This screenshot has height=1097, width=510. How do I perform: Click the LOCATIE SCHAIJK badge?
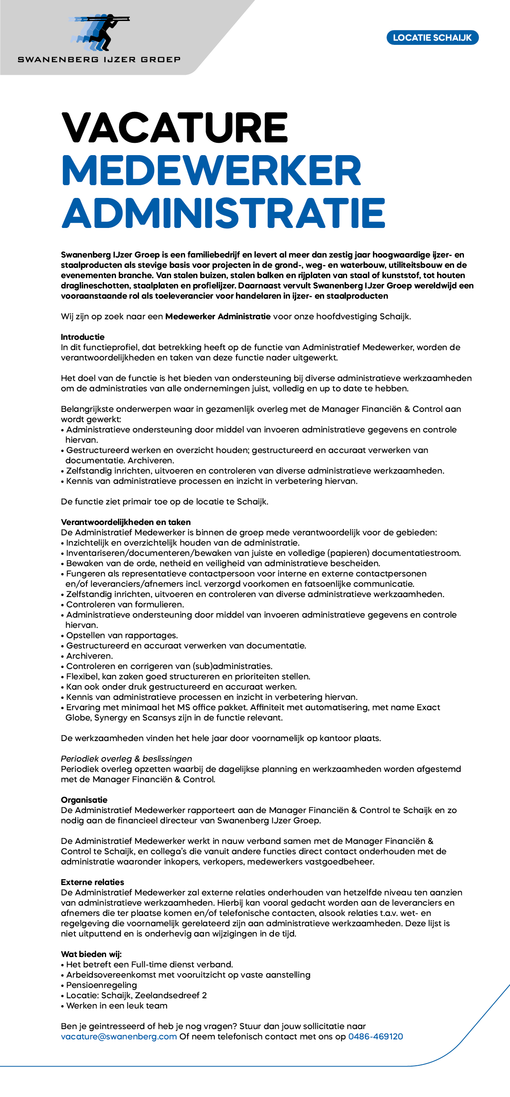pyautogui.click(x=432, y=37)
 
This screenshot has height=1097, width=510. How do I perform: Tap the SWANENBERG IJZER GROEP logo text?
pyautogui.click(x=99, y=60)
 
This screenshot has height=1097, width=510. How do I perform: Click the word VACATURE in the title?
pyautogui.click(x=174, y=127)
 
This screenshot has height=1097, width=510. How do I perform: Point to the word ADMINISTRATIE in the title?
pyautogui.click(x=223, y=213)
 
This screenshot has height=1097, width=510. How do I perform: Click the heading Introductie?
pyautogui.click(x=83, y=337)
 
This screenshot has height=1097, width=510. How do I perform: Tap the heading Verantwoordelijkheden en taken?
pyautogui.click(x=125, y=522)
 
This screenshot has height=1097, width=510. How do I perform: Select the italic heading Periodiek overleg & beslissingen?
pyautogui.click(x=126, y=758)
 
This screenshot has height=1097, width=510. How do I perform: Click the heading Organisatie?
pyautogui.click(x=84, y=800)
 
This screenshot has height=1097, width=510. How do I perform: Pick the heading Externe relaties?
pyautogui.click(x=93, y=882)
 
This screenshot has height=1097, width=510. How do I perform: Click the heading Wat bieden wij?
pyautogui.click(x=91, y=954)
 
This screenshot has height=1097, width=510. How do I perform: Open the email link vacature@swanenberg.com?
pyautogui.click(x=119, y=1037)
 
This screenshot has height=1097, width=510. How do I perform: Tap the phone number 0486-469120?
pyautogui.click(x=376, y=1037)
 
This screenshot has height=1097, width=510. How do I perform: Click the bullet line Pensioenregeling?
pyautogui.click(x=101, y=985)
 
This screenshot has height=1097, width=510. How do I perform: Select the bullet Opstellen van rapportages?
pyautogui.click(x=122, y=635)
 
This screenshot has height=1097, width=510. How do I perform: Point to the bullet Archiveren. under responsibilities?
pyautogui.click(x=89, y=656)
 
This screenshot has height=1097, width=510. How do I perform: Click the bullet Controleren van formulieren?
pyautogui.click(x=125, y=604)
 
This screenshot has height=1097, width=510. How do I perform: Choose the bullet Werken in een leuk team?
pyautogui.click(x=117, y=1005)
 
